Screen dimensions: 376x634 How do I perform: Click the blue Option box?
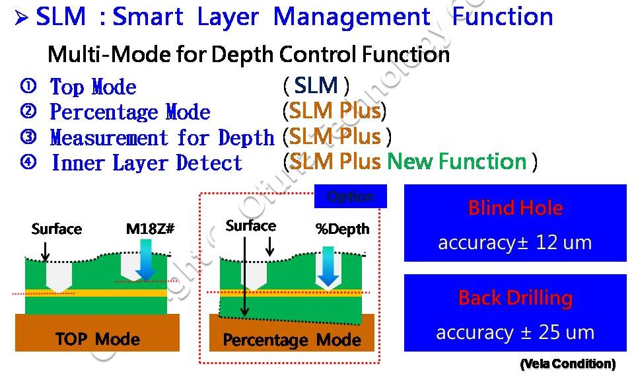(350, 196)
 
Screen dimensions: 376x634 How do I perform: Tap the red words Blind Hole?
(515, 208)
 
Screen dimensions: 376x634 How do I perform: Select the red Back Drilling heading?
(515, 298)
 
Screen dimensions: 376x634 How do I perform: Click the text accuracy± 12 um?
(515, 243)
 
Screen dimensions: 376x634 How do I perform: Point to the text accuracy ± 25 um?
(515, 332)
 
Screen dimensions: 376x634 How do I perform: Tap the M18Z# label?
(150, 229)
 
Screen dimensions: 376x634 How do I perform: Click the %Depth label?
(343, 229)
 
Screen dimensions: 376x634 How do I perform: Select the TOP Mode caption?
(98, 340)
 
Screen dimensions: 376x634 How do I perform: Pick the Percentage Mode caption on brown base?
(292, 340)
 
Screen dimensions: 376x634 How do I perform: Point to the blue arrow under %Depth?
(329, 263)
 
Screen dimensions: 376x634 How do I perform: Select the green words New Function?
(456, 161)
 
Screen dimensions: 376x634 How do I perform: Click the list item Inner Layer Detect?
(147, 163)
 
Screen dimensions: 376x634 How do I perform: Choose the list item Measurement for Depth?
(162, 137)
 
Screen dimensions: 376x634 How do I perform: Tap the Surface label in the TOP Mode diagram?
(57, 229)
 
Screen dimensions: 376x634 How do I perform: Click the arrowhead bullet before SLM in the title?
(21, 18)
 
